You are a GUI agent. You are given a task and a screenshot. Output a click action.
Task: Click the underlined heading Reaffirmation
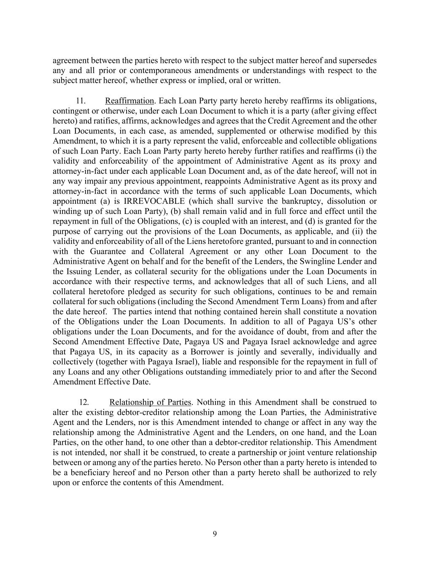[129, 101]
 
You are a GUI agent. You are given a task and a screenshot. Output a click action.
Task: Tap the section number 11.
[81, 101]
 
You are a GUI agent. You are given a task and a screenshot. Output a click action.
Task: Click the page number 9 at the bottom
[215, 534]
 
